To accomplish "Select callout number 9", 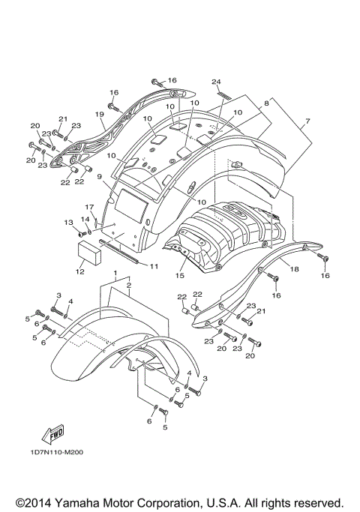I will (98, 176).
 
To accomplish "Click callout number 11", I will (153, 266).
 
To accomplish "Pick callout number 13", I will (68, 222).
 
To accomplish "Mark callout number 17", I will (88, 207).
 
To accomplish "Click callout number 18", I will (294, 268).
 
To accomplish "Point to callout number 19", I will (98, 114).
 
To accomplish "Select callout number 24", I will (216, 81).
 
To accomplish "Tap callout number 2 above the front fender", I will (128, 286).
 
